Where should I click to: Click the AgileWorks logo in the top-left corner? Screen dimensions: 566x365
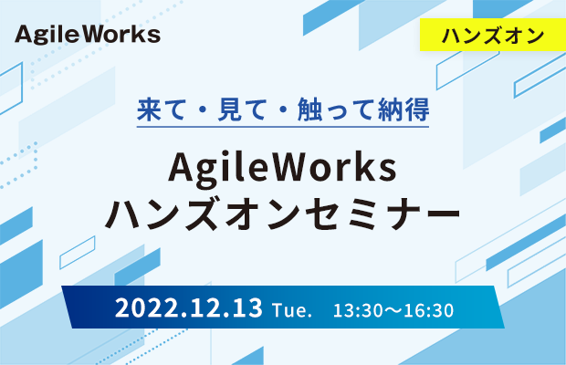(88, 35)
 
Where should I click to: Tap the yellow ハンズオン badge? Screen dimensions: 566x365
(493, 35)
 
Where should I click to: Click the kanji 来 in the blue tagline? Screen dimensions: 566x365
(149, 109)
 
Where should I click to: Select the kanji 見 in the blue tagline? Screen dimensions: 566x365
(230, 109)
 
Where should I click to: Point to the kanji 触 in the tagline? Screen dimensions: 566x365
(309, 109)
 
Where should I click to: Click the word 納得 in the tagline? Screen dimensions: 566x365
(404, 109)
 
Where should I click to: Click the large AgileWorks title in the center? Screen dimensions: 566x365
(283, 169)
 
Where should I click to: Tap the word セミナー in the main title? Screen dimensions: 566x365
(383, 214)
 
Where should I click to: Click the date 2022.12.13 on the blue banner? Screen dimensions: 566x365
(188, 308)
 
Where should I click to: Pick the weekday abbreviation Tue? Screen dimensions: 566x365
(292, 310)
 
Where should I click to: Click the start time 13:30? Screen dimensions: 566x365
(355, 310)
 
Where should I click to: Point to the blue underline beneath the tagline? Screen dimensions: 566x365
(283, 127)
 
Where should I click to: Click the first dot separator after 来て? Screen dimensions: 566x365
(202, 110)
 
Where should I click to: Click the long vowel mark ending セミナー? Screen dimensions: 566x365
(439, 214)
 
